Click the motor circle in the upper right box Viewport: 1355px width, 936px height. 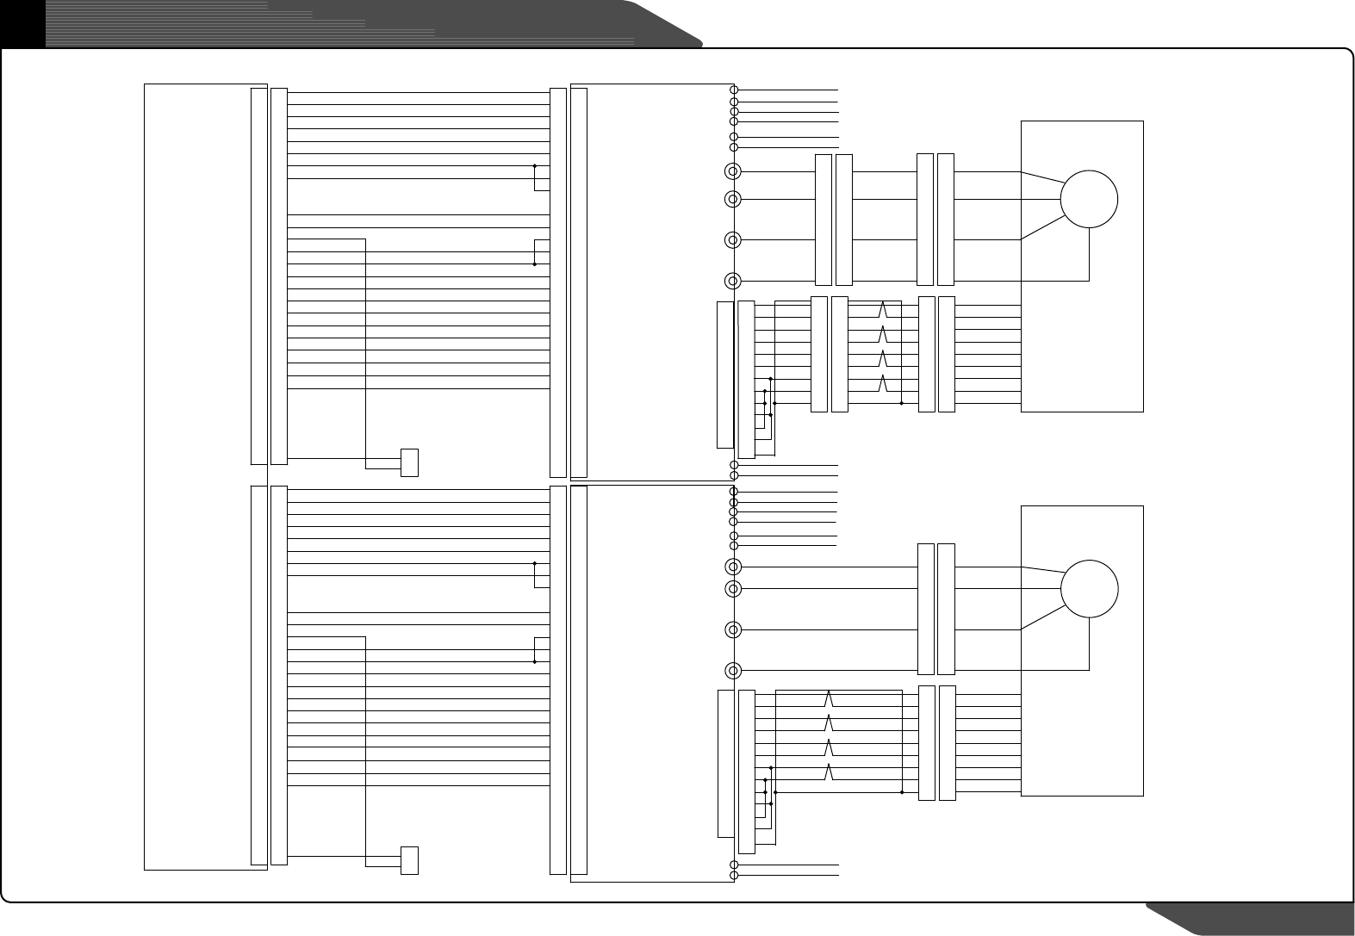[1089, 199]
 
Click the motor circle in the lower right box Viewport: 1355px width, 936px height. [1089, 588]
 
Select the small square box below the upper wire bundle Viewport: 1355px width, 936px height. [409, 462]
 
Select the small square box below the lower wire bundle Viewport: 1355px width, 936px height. [409, 860]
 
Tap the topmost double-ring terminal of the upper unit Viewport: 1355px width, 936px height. [732, 171]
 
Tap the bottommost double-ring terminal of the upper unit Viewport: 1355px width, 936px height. [732, 281]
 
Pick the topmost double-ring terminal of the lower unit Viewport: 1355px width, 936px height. [732, 567]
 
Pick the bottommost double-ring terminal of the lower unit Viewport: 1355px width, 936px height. [732, 670]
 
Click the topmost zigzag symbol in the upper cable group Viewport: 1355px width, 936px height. [882, 309]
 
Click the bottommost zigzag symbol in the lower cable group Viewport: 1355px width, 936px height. [829, 772]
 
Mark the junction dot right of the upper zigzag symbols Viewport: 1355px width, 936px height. [901, 403]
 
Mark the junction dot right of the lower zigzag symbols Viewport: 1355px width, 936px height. [901, 792]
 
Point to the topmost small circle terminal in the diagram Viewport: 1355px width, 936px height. [734, 90]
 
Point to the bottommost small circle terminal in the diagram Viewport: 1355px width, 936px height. [734, 876]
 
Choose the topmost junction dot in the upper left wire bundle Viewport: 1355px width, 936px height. [535, 165]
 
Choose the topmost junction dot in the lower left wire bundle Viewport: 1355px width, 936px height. [535, 563]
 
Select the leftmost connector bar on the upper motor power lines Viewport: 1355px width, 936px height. [823, 220]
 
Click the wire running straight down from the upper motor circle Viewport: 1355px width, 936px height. [1089, 254]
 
